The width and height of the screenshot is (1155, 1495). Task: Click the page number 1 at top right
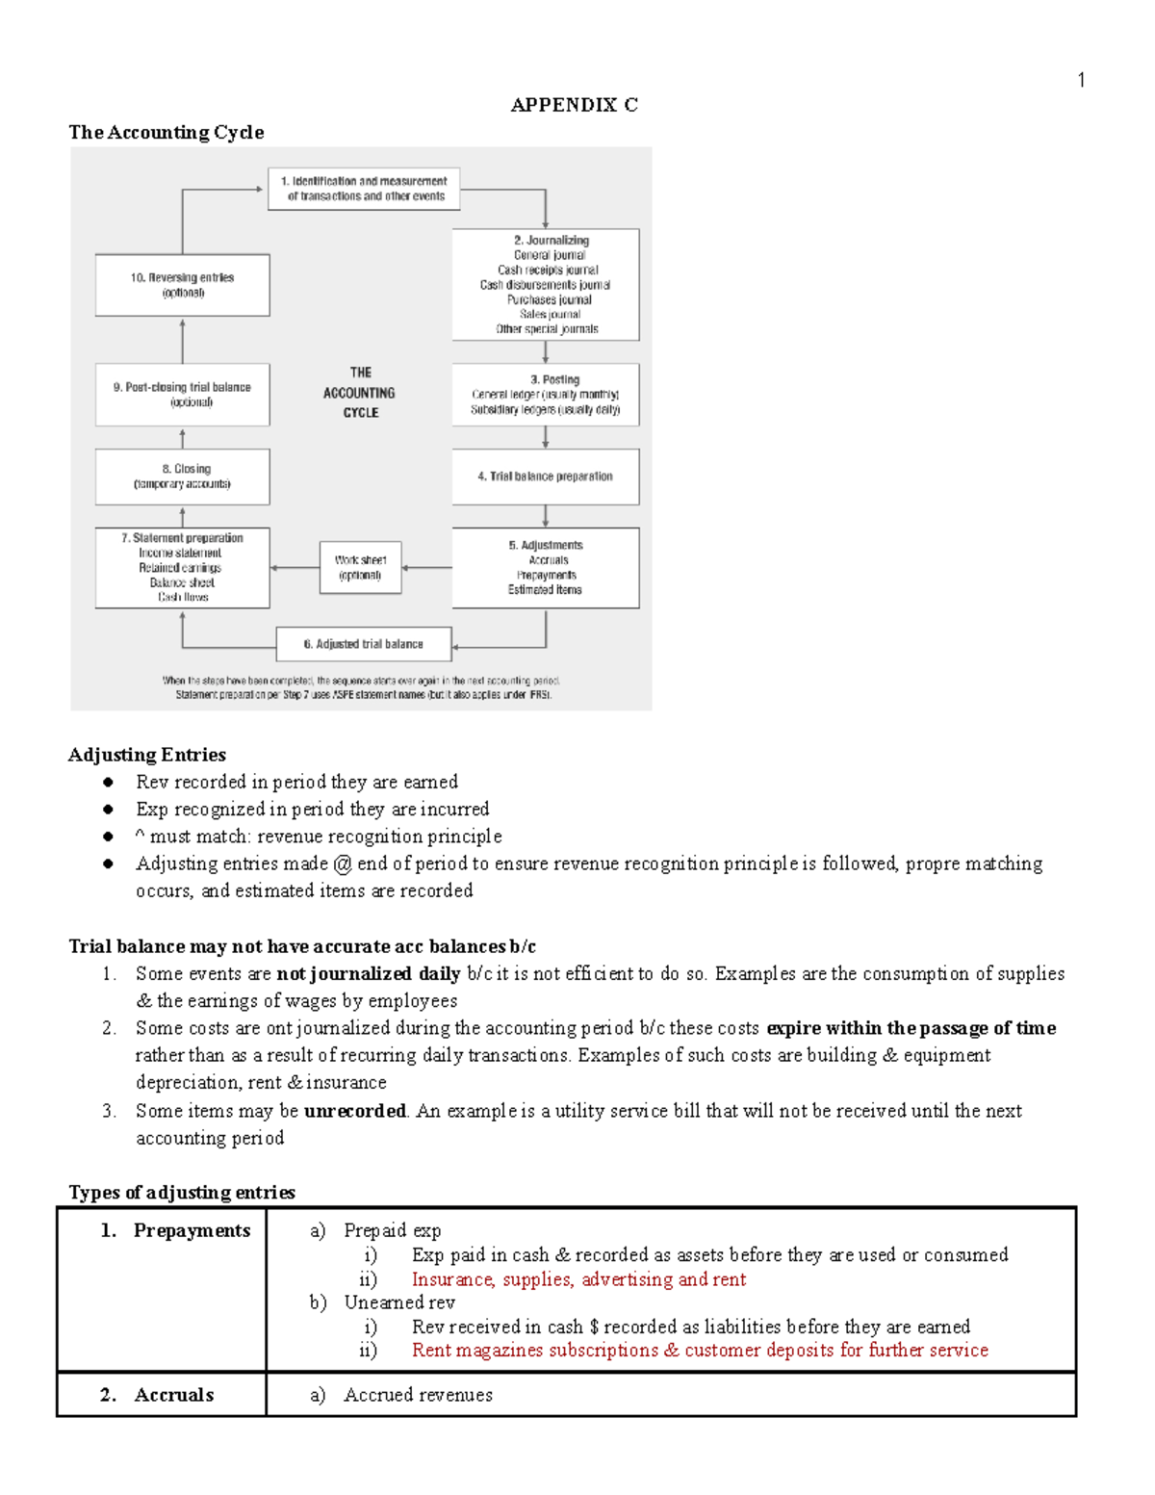(1081, 80)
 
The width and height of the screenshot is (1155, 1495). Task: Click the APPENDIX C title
(574, 105)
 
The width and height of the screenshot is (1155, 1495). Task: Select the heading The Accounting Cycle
(166, 132)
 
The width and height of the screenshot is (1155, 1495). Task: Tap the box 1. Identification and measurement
(364, 189)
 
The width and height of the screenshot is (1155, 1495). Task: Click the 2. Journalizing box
(546, 284)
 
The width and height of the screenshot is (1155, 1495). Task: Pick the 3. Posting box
(546, 394)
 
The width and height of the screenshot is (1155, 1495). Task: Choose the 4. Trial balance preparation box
(546, 477)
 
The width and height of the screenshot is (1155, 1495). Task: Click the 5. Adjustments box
(546, 567)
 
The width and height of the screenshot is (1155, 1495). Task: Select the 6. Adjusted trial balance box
(364, 644)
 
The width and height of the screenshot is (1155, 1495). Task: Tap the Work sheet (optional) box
(360, 567)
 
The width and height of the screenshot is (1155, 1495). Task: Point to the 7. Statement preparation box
(182, 567)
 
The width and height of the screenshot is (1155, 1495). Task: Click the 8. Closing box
(182, 477)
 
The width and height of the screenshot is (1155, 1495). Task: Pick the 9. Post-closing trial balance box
(182, 394)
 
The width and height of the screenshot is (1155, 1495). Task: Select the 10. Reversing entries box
(182, 285)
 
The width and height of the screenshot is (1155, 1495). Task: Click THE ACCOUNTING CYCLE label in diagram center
(360, 393)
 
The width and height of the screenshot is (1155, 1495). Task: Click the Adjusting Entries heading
(147, 755)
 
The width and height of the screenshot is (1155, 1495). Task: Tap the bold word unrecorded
(354, 1111)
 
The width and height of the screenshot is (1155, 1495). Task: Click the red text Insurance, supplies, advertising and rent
(578, 1279)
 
